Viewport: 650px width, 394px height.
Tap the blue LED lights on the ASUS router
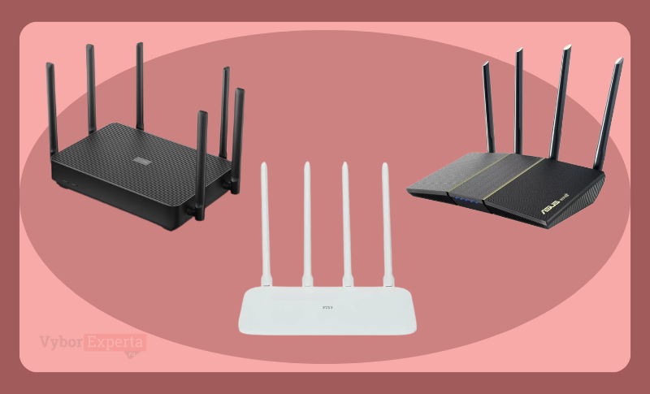pos(469,200)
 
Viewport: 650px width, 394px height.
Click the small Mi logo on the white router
pos(329,310)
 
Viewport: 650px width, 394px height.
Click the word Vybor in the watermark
pos(63,342)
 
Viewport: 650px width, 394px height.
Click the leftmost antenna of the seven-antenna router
pos(50,106)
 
